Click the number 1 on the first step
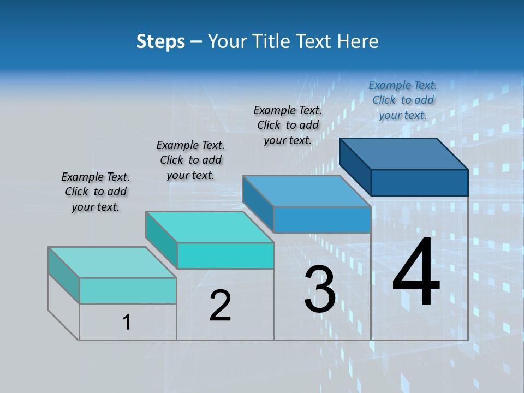point(127,322)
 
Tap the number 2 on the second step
point(220,305)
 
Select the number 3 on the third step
point(320,289)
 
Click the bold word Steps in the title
point(160,41)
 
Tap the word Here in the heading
point(358,41)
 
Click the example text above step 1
point(96,192)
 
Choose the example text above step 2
point(190,160)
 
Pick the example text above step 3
point(288,125)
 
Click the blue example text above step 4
point(403,100)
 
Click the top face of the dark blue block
point(404,153)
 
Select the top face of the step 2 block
point(210,227)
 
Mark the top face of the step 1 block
point(112,263)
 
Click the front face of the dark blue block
point(419,182)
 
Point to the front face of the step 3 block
point(322,219)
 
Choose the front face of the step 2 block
point(225,255)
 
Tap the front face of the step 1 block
point(128,290)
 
